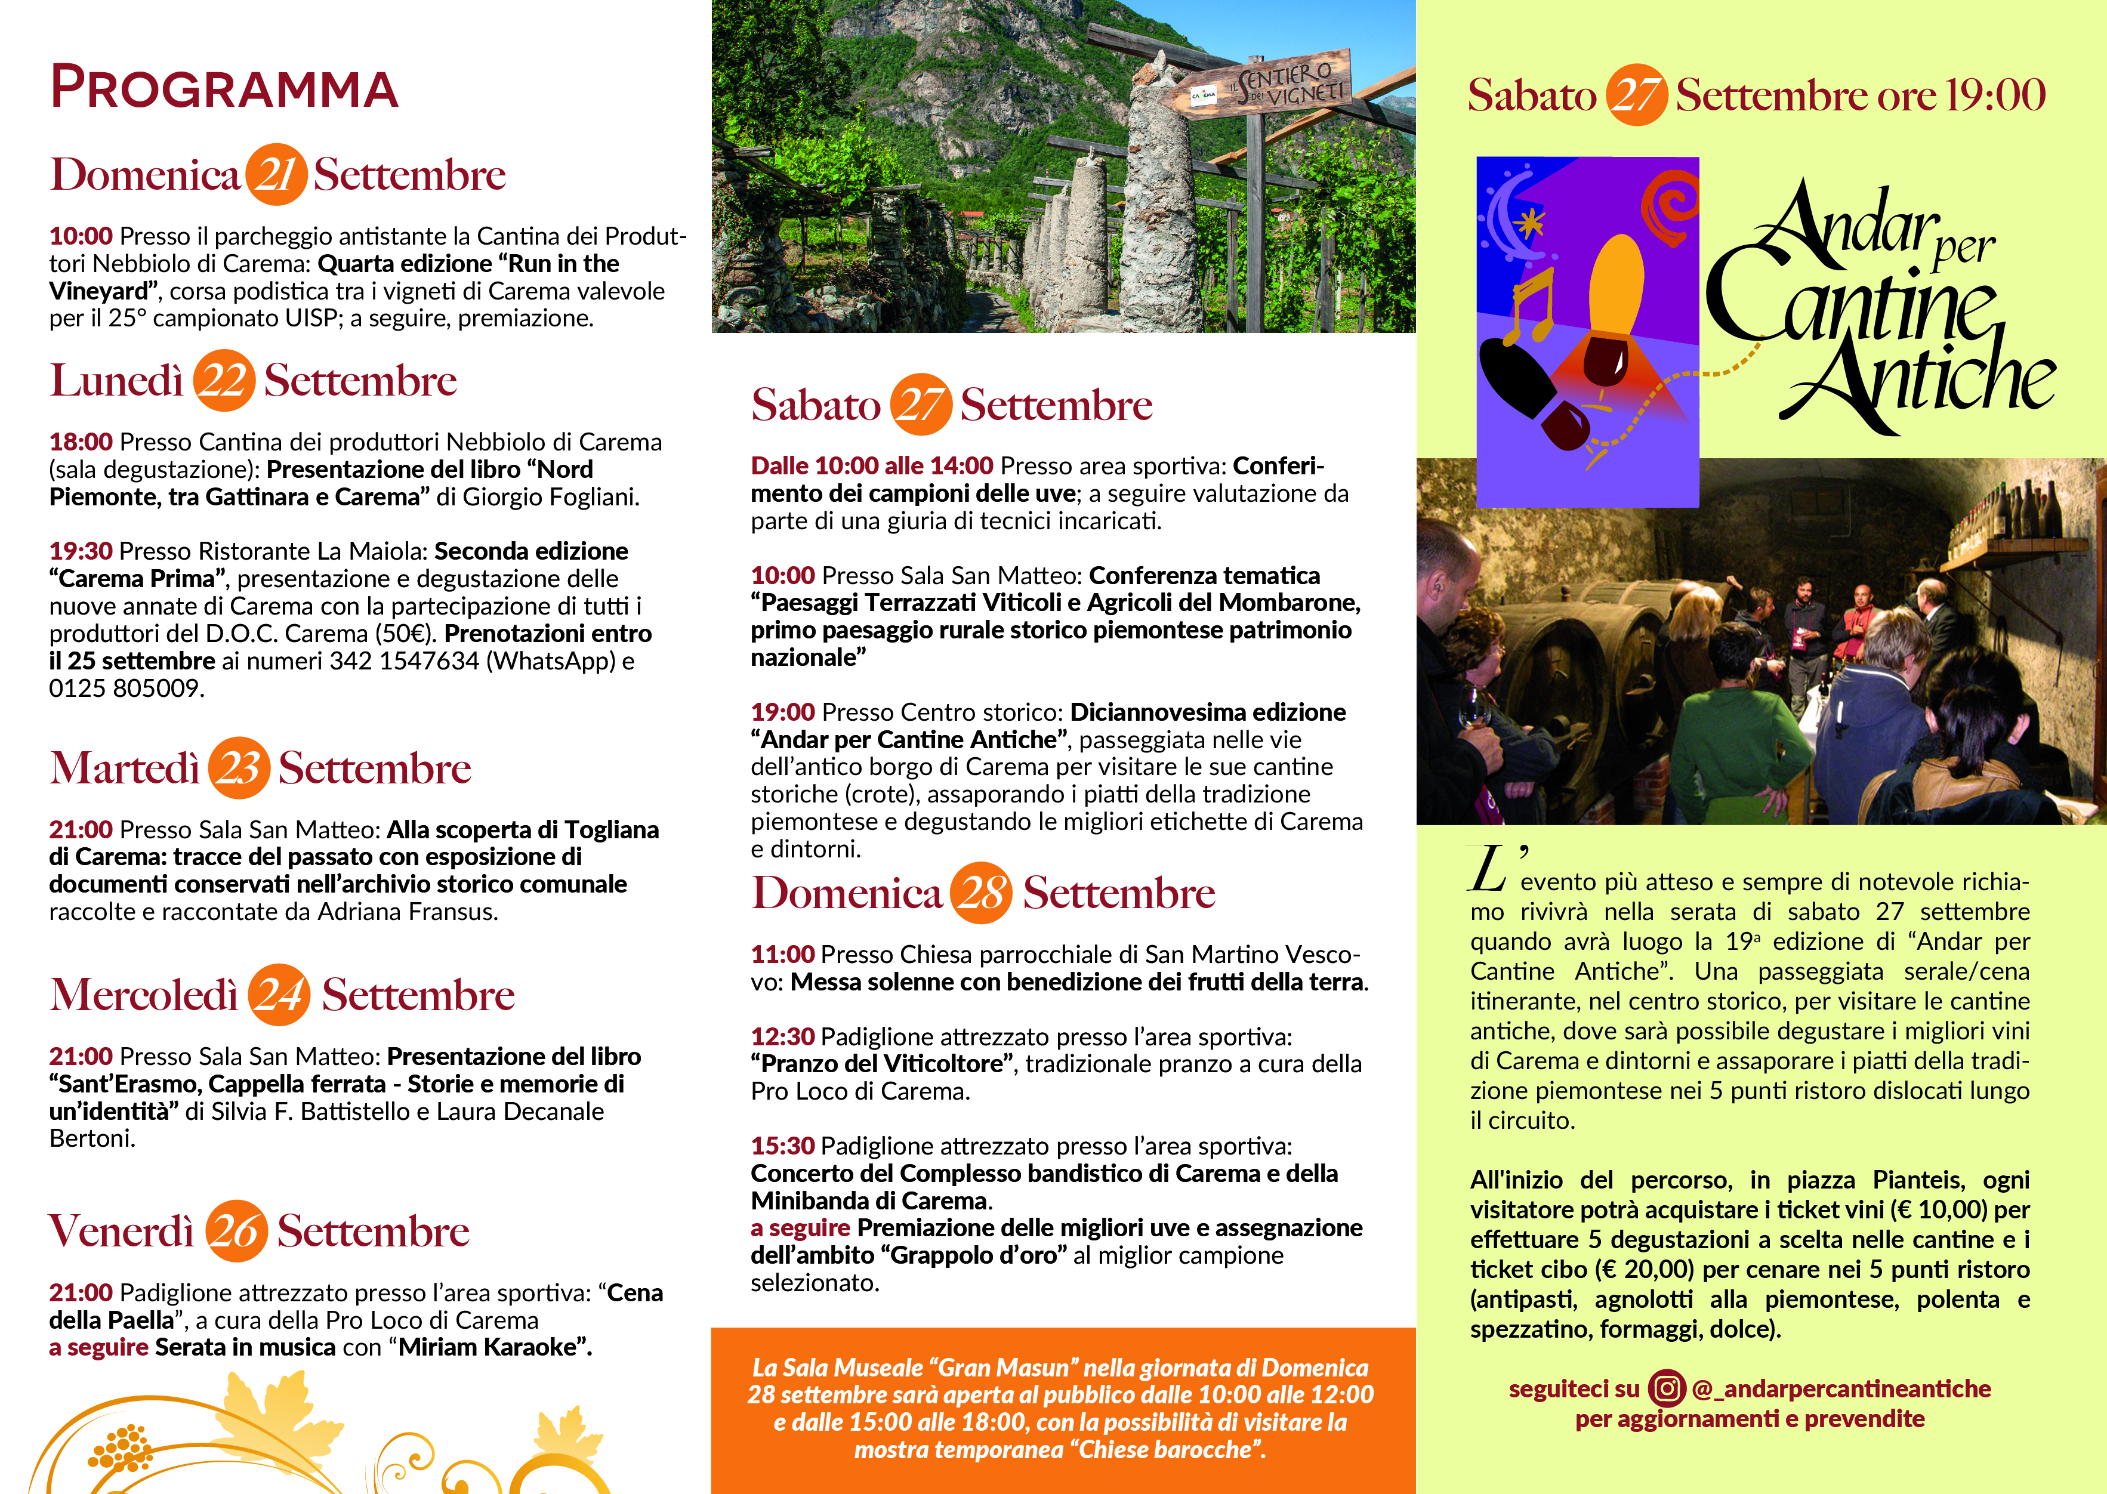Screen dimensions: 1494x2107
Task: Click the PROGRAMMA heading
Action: (x=224, y=88)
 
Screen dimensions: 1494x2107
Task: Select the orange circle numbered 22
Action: (x=224, y=381)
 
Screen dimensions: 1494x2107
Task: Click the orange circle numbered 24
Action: (x=279, y=995)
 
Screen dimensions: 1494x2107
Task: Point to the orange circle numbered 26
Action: (x=236, y=1231)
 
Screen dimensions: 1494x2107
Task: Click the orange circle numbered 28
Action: (x=981, y=893)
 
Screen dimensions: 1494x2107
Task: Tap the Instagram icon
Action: (x=1666, y=1389)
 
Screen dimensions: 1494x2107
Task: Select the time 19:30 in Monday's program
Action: (x=81, y=551)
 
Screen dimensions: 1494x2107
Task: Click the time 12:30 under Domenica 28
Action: (x=782, y=1037)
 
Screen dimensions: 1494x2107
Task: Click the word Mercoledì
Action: (x=144, y=995)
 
